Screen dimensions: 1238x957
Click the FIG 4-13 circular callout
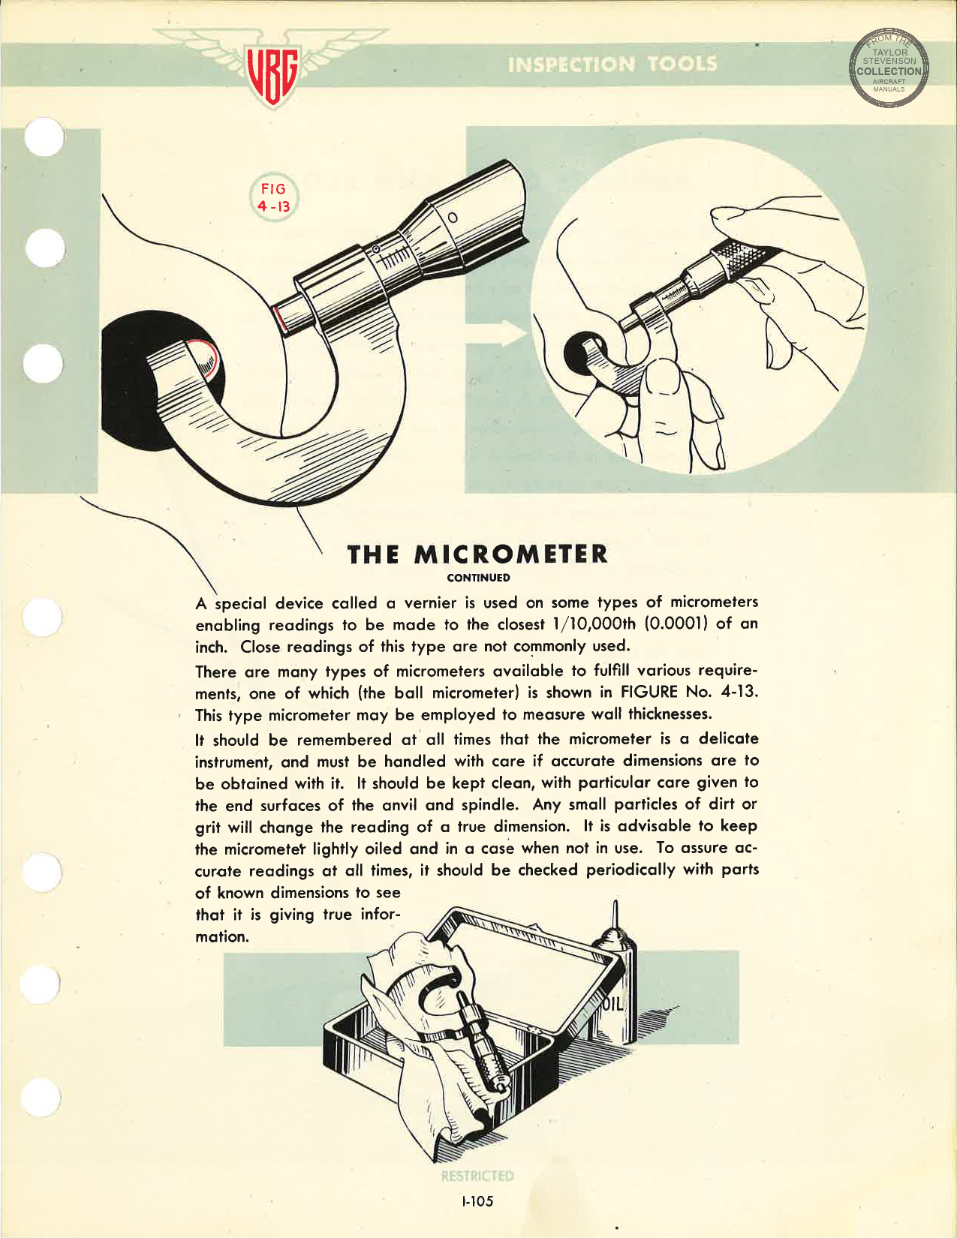273,197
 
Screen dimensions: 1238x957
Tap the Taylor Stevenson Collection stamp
889,68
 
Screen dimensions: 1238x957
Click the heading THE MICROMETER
477,554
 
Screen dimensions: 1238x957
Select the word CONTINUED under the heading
478,578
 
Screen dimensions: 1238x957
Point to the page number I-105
477,1201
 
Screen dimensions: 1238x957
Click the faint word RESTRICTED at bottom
477,1176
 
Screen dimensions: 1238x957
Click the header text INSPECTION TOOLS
612,64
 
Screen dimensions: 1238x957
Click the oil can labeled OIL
614,990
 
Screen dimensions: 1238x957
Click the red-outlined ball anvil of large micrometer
203,361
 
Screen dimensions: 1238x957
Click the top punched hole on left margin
44,137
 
